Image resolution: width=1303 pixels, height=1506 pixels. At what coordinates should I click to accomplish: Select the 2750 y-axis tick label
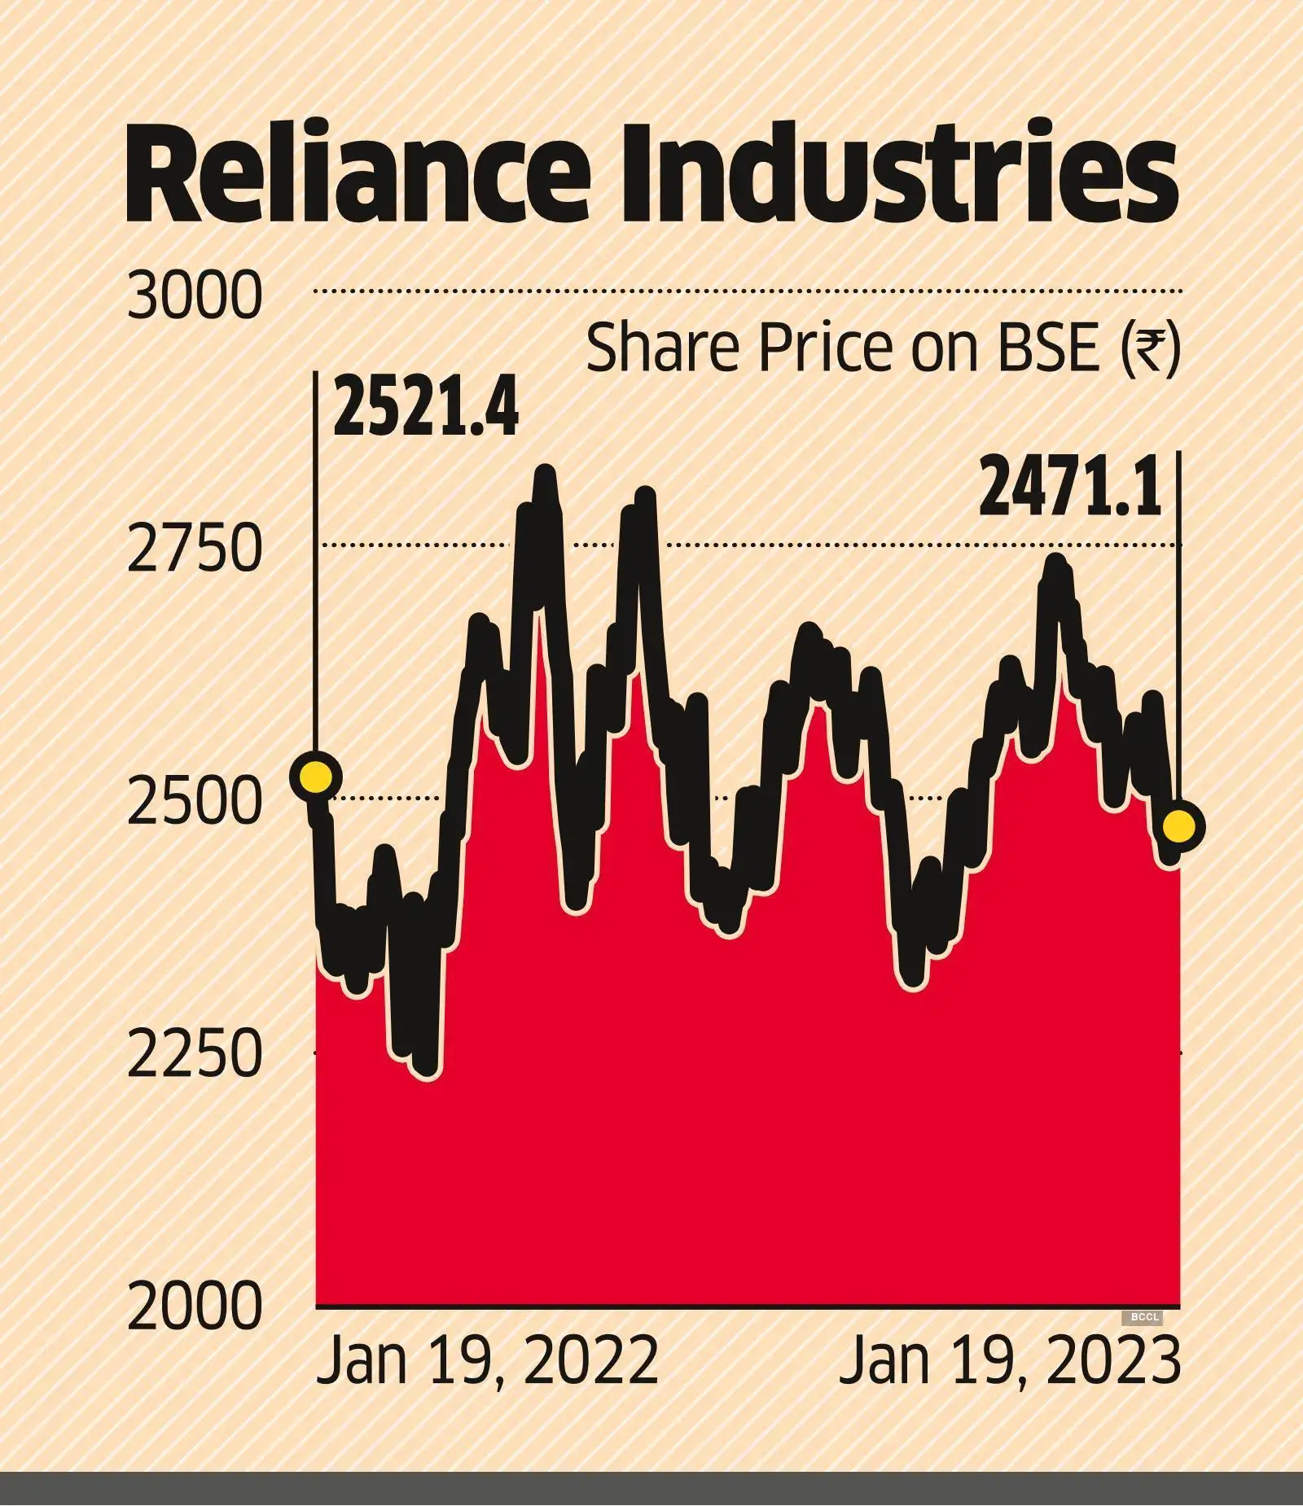point(195,549)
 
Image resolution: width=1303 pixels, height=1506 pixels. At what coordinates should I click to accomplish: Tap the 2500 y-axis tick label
point(195,802)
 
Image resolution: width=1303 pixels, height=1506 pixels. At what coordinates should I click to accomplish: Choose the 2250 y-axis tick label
point(195,1055)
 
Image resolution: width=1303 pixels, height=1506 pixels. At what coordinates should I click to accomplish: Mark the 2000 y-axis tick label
point(195,1307)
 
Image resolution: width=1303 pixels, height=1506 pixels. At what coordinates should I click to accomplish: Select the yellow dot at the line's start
point(316,777)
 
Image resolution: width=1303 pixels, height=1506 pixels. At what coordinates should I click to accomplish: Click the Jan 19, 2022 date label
point(487,1361)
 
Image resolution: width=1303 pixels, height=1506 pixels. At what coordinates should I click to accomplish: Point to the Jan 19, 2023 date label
point(1010,1361)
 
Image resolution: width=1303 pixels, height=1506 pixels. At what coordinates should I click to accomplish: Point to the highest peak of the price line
point(545,473)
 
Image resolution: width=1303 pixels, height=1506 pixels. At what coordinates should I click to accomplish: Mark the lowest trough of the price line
point(428,1072)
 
